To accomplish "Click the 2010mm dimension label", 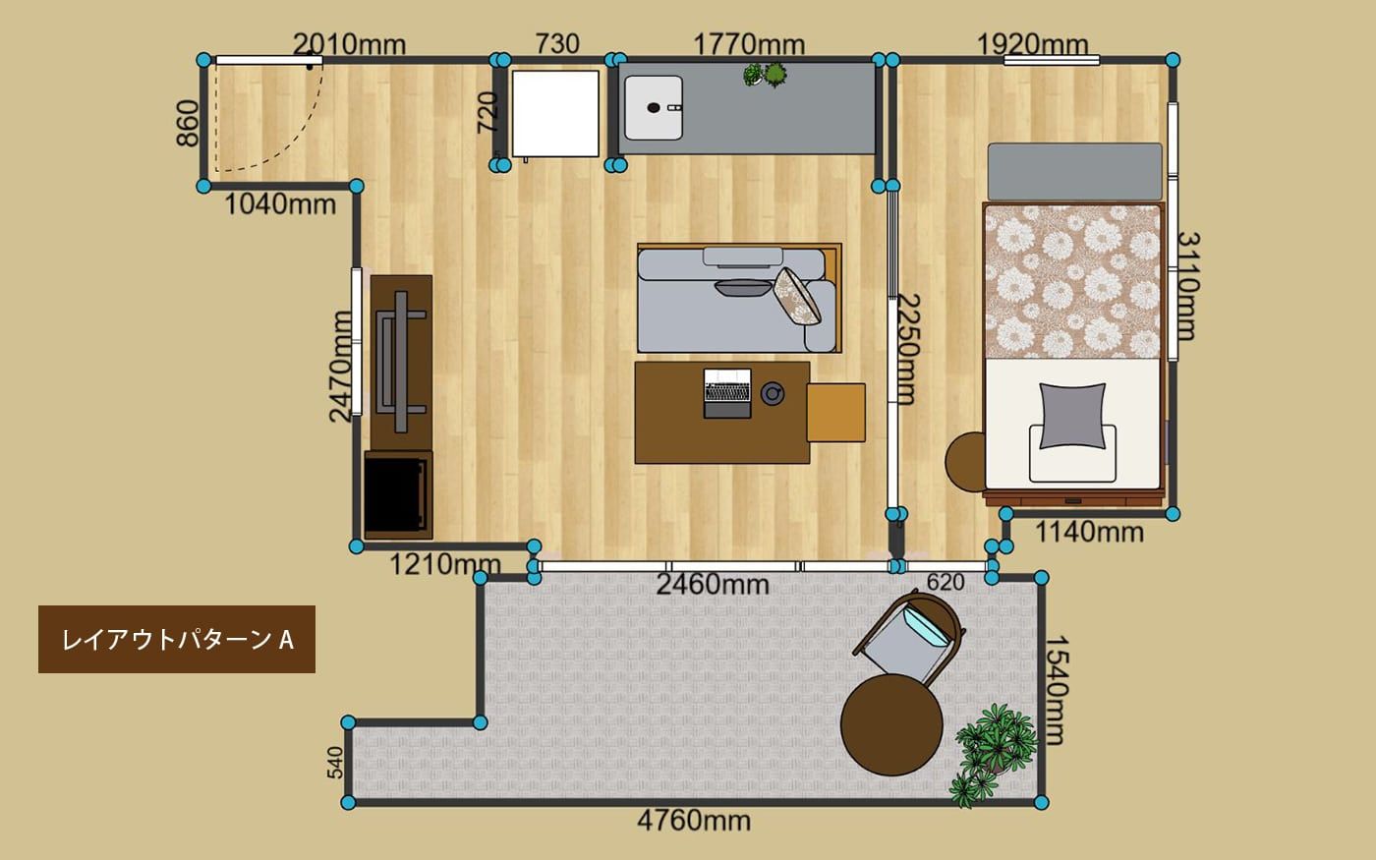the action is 349,44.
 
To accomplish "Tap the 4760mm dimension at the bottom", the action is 694,821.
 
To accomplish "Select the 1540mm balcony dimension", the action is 1057,690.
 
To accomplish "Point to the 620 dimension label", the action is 946,582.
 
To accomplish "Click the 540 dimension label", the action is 335,763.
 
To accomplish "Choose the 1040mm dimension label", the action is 280,204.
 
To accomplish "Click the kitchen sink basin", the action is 654,108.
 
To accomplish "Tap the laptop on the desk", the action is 727,393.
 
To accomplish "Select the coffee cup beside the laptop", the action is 773,393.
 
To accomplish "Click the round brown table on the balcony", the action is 891,724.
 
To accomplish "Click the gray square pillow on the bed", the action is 1072,416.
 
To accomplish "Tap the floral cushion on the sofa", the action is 797,296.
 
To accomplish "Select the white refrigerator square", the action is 555,114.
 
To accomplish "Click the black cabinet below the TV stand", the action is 398,495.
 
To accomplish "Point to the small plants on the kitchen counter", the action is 766,75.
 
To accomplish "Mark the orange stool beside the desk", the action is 836,413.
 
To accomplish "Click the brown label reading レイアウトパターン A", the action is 177,640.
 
